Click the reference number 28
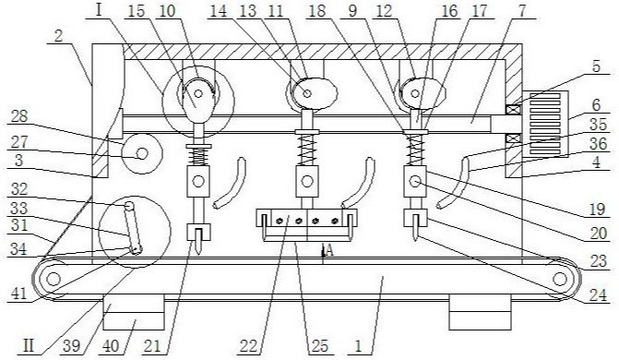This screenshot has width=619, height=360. pyautogui.click(x=19, y=118)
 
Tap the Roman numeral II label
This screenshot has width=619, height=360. pyautogui.click(x=29, y=346)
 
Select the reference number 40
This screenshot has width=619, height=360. pyautogui.click(x=111, y=346)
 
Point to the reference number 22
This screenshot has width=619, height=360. pyautogui.click(x=249, y=346)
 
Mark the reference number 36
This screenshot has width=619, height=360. pyautogui.click(x=598, y=143)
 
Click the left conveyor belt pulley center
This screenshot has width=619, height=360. pyautogui.click(x=53, y=279)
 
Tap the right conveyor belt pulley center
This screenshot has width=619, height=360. pyautogui.click(x=560, y=279)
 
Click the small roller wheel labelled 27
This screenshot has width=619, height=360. pyautogui.click(x=142, y=153)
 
